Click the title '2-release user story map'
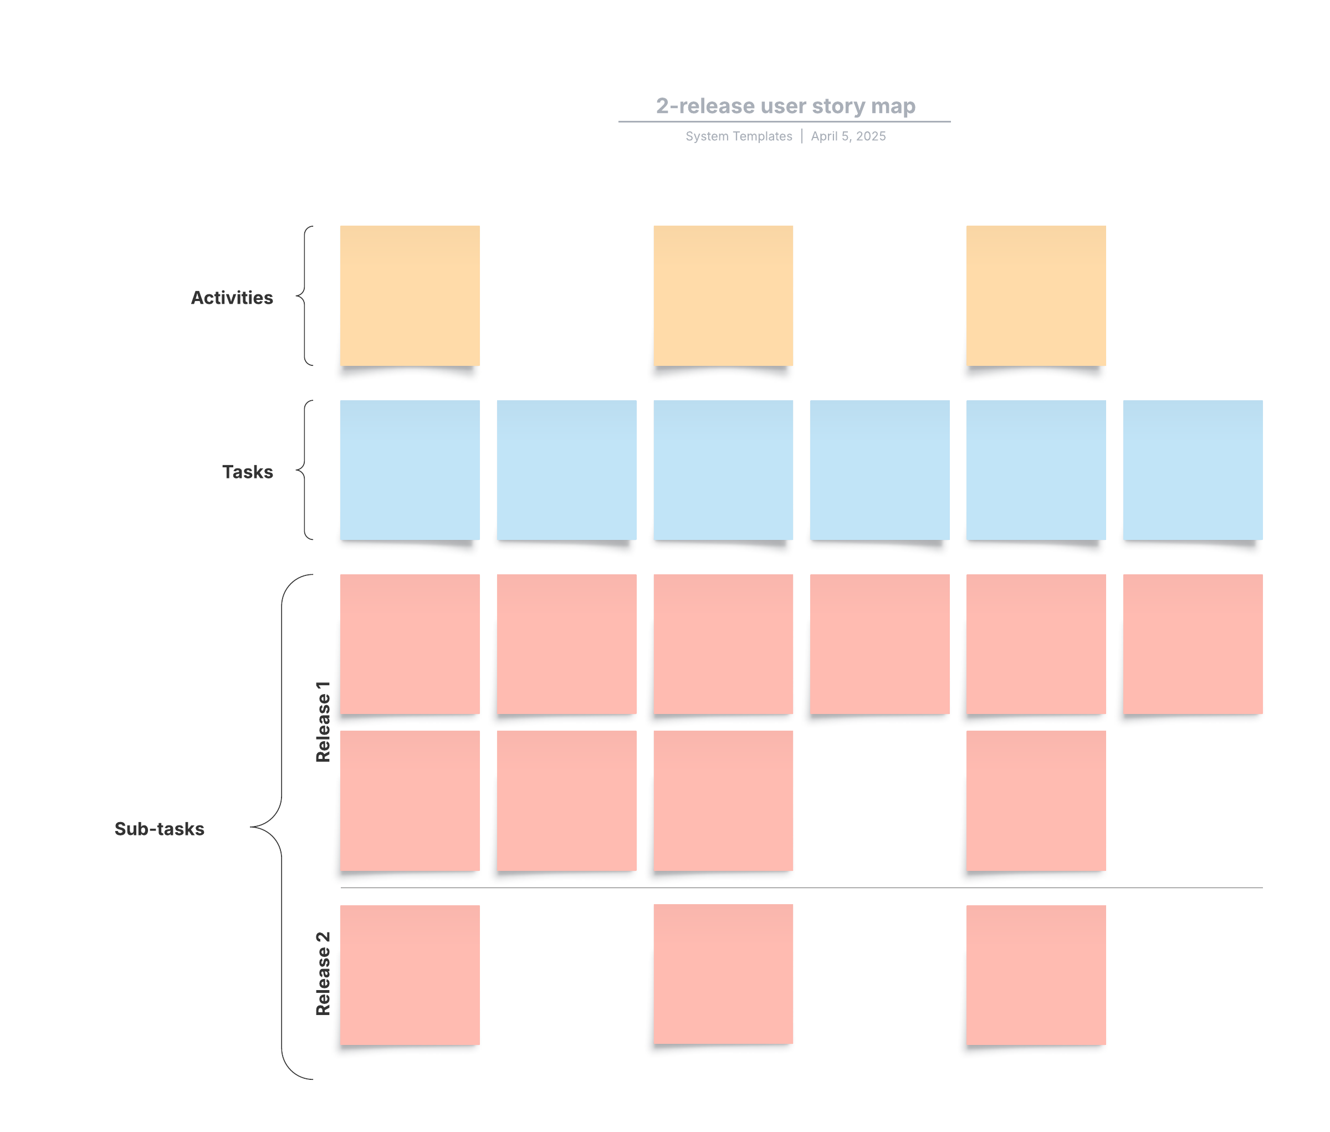click(785, 106)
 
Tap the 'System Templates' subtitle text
click(739, 136)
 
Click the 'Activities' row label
click(232, 298)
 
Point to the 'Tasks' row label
click(247, 472)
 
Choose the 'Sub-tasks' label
click(159, 828)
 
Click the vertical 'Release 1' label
click(323, 721)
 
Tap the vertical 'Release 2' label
click(323, 973)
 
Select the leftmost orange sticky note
click(410, 295)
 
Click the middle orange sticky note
click(723, 295)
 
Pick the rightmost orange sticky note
click(1036, 295)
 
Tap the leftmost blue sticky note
click(410, 470)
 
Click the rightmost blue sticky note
click(1192, 470)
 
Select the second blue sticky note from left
click(566, 470)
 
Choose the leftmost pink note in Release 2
click(410, 974)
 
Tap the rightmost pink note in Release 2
click(1036, 974)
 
